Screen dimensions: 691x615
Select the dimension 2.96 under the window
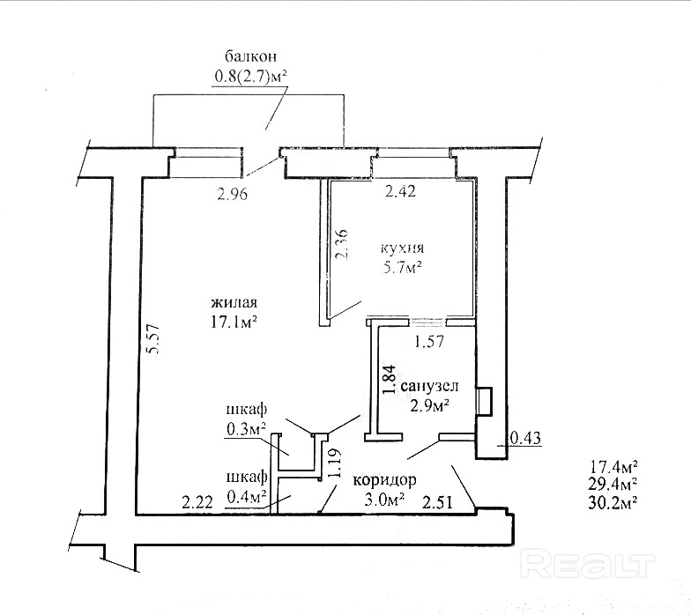tap(233, 196)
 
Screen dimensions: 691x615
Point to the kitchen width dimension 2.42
tap(400, 190)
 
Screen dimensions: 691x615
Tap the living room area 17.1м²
tap(233, 322)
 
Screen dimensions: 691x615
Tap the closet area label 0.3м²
tap(247, 430)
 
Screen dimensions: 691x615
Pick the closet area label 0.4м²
tap(247, 497)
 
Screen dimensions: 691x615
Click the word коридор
tap(384, 481)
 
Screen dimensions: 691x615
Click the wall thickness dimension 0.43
tap(525, 436)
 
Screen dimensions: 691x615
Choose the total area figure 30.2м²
tap(613, 502)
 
